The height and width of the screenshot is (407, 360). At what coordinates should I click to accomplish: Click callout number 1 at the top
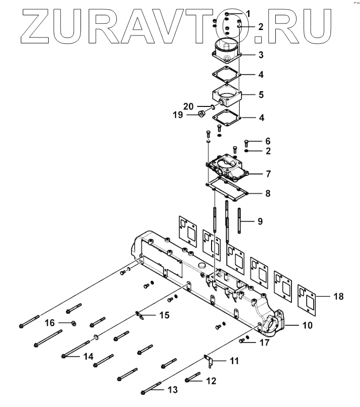(248, 13)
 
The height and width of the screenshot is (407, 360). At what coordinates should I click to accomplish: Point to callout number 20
(189, 106)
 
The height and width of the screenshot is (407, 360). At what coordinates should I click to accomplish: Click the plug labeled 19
(201, 114)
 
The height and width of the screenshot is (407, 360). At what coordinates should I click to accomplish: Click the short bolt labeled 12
(193, 380)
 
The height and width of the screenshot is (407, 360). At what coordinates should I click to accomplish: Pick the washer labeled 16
(73, 323)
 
